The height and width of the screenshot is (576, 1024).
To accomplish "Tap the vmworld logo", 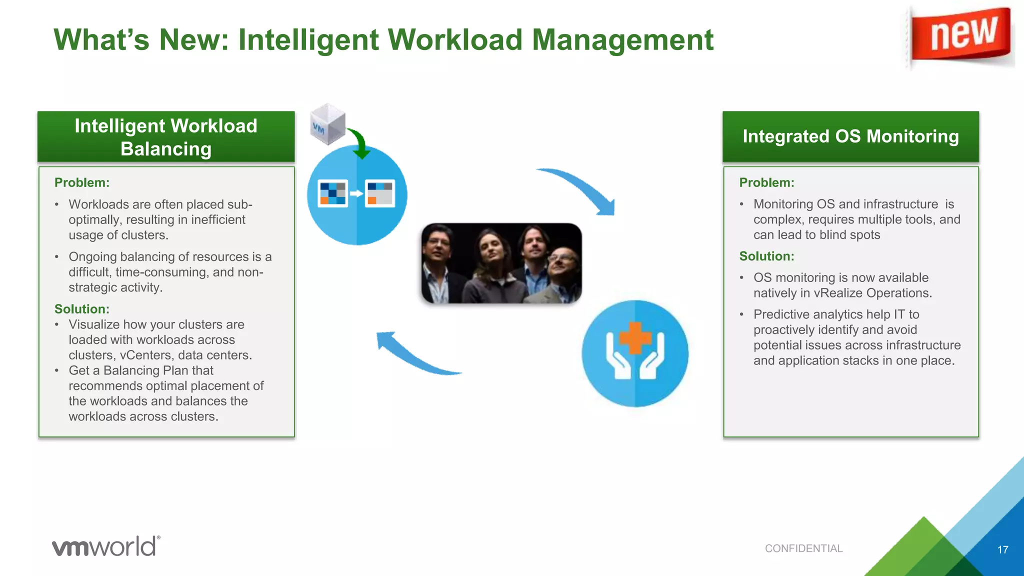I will tap(106, 546).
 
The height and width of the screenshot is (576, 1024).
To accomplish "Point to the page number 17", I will tap(1002, 549).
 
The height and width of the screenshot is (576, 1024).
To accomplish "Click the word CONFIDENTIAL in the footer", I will tap(803, 548).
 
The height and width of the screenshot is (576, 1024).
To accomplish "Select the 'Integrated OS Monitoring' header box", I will tap(850, 136).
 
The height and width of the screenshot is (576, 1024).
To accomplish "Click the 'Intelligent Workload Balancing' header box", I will tap(166, 137).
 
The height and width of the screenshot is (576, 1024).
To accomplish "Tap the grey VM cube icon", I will tap(327, 123).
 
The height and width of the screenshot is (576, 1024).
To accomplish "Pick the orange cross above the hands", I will tap(635, 338).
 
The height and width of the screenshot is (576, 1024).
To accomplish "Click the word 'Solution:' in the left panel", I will tap(82, 309).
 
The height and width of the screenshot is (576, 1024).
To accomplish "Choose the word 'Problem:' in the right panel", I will tap(766, 182).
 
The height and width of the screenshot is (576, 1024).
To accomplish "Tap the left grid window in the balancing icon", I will tap(333, 193).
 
